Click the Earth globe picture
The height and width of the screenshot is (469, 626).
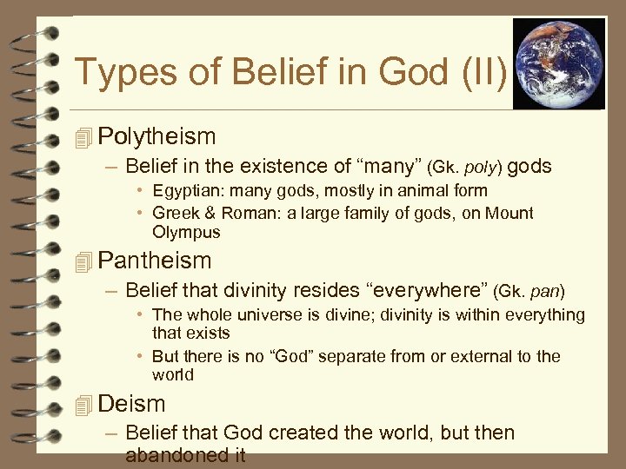tap(558, 63)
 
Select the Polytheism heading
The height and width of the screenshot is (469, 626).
tap(156, 136)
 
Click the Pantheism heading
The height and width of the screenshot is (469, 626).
tap(155, 260)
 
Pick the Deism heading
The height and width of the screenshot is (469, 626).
tap(131, 403)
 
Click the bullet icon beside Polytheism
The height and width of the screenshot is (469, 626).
tap(83, 137)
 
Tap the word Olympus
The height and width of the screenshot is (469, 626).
tap(186, 232)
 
